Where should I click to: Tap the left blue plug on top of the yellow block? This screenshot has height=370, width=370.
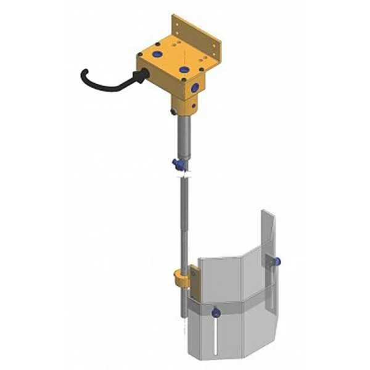tap(157, 55)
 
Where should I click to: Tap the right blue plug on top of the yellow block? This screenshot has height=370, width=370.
tap(184, 70)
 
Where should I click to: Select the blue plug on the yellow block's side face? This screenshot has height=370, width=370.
tap(195, 88)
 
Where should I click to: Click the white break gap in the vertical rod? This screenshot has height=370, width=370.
tap(184, 175)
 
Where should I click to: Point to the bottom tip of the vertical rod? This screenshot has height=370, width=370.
tap(184, 316)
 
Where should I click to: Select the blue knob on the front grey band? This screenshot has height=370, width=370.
tap(215, 313)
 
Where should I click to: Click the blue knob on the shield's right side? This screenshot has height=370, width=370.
tap(277, 261)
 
